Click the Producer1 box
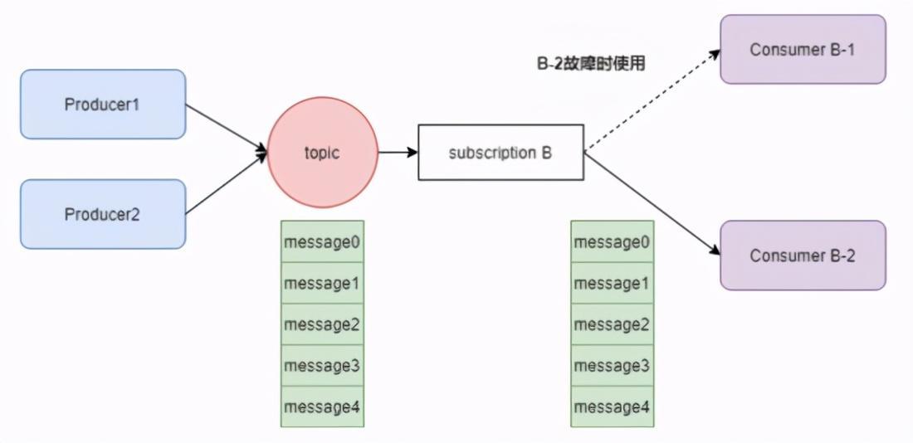coord(102,105)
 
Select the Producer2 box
coord(102,214)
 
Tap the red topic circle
coord(322,153)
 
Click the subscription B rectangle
coord(500,153)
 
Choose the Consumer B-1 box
coord(803,50)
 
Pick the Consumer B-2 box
coord(803,256)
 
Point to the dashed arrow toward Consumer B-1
coord(652,100)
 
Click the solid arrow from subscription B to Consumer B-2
coord(652,204)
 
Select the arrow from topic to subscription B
coord(398,153)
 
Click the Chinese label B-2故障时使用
coord(591,63)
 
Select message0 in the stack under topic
coord(322,242)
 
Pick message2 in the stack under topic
coord(322,324)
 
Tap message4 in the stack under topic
coord(322,406)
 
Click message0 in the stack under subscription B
coord(612,242)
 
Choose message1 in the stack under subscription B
coord(612,283)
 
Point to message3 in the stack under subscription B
coord(612,365)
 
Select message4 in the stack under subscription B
coord(612,406)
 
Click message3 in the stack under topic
coord(322,365)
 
